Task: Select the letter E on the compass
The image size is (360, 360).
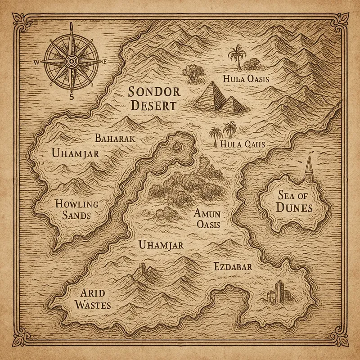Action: [104, 62]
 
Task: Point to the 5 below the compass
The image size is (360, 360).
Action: [71, 96]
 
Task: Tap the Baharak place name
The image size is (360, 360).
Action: [115, 139]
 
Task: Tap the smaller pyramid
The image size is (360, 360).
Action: [234, 104]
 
